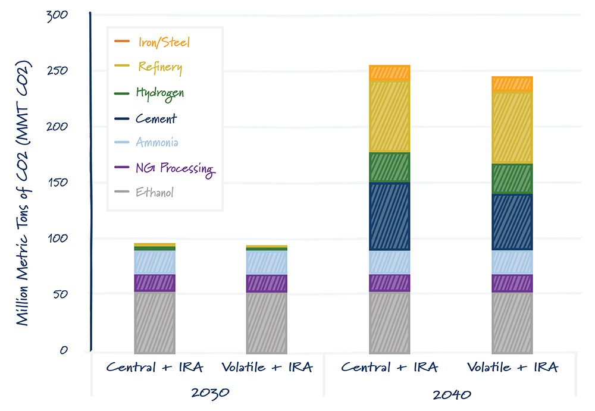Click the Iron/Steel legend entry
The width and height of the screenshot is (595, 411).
[163, 42]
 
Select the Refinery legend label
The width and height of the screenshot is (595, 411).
[159, 67]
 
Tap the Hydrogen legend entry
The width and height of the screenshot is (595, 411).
[159, 93]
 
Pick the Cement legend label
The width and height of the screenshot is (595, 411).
[156, 118]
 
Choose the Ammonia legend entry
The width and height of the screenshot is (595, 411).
[156, 143]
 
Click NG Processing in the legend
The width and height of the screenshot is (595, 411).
[174, 168]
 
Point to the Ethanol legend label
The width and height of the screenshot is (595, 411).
[155, 192]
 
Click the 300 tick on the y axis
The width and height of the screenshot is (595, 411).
[57, 15]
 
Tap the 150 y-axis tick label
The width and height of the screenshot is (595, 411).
[57, 183]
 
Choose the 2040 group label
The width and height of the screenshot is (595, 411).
[450, 394]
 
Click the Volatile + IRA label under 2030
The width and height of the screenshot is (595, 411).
[267, 367]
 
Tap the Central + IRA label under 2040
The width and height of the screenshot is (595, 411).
[389, 367]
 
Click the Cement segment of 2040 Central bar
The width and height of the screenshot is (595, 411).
[389, 217]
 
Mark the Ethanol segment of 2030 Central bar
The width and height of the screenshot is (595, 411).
[155, 321]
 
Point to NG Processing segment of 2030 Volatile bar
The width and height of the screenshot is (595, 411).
[267, 283]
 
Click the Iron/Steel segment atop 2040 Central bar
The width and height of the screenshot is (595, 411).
[389, 73]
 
